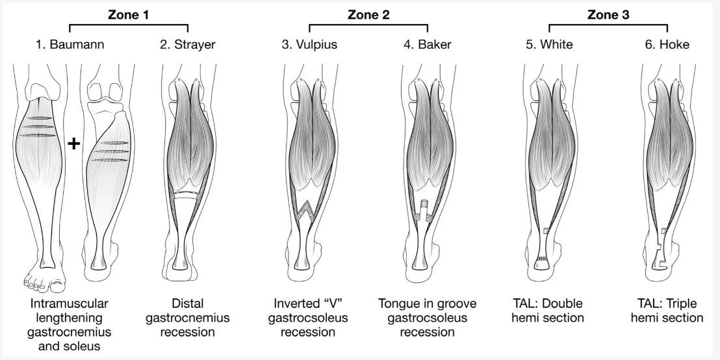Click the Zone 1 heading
(129, 14)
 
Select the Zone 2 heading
(368, 14)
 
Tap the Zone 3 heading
(608, 14)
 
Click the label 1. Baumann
(70, 44)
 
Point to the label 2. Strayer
(188, 44)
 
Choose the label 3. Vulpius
(309, 44)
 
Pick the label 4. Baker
(428, 44)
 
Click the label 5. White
(549, 44)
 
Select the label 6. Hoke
(667, 44)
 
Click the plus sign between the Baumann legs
(73, 144)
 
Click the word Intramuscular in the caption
(70, 303)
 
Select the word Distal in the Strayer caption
(187, 303)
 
